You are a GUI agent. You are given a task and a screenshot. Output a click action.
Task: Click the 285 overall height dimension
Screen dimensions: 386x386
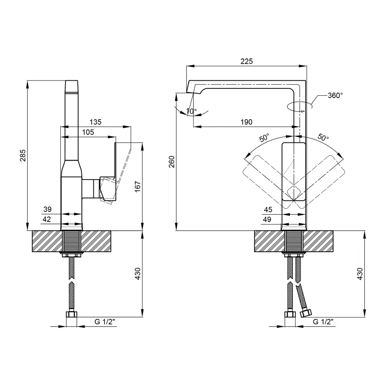pos(23,155)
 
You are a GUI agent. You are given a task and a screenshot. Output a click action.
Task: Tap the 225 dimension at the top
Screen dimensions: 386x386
pos(246,61)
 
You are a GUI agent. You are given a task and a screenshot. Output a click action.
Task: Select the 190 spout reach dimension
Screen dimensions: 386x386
pos(246,122)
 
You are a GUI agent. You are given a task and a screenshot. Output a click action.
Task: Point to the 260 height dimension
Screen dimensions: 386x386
pos(172,162)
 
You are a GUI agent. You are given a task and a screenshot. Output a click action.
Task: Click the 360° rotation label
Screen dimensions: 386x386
pos(335,95)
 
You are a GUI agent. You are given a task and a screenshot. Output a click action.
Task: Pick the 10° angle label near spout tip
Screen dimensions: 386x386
pos(191,111)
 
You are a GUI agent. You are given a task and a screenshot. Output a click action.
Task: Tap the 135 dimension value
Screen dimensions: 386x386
pos(95,122)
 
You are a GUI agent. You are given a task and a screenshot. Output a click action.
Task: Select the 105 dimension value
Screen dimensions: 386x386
pos(88,132)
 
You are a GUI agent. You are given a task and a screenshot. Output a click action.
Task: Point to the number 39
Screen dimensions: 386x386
pos(47,209)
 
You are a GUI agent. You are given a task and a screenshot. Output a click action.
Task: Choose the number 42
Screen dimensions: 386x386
pos(47,219)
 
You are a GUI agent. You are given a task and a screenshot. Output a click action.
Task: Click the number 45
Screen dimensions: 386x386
pos(268,210)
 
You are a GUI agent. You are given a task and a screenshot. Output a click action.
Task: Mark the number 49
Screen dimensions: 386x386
pos(267,219)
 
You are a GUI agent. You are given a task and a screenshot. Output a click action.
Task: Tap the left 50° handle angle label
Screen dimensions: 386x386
pos(264,138)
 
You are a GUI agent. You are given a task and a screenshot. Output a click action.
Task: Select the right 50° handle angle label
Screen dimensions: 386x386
pos(323,137)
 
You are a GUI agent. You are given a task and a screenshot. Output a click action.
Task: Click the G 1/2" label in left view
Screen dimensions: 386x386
pos(105,322)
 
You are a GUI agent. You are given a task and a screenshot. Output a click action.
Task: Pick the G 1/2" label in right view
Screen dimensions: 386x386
pos(323,322)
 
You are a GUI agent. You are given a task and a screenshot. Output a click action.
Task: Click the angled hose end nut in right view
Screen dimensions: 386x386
pos(306,313)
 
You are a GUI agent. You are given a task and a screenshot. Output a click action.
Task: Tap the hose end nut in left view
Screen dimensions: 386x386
pos(72,314)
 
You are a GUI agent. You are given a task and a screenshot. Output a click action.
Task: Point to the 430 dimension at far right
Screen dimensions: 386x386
pos(360,274)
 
